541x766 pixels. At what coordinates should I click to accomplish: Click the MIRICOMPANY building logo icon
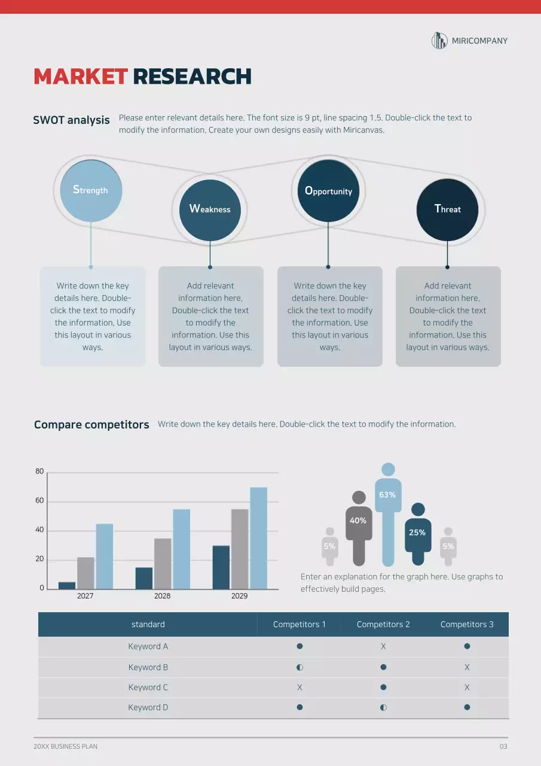point(439,41)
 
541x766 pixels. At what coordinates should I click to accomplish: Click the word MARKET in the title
point(81,77)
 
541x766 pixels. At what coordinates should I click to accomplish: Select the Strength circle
point(91,190)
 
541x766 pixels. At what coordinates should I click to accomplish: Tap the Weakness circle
point(210,209)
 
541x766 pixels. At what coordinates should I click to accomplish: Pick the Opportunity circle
point(328,191)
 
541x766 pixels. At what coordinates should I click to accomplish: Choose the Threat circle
point(447,209)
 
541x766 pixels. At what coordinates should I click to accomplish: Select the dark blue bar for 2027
point(67,585)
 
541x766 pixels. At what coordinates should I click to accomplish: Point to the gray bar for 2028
point(163,563)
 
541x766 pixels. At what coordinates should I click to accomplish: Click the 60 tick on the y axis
point(39,501)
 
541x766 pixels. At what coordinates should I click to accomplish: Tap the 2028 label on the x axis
point(162,596)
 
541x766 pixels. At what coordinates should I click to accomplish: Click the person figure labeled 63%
point(388,515)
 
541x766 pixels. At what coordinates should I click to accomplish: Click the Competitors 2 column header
point(383,624)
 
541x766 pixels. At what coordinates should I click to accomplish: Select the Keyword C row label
point(148,688)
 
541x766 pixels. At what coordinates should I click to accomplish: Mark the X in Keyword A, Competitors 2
point(383,646)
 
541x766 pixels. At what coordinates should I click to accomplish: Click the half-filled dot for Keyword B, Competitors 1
point(299,667)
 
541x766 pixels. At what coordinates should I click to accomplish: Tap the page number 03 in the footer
point(503,746)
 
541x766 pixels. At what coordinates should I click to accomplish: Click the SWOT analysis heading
point(72,120)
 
